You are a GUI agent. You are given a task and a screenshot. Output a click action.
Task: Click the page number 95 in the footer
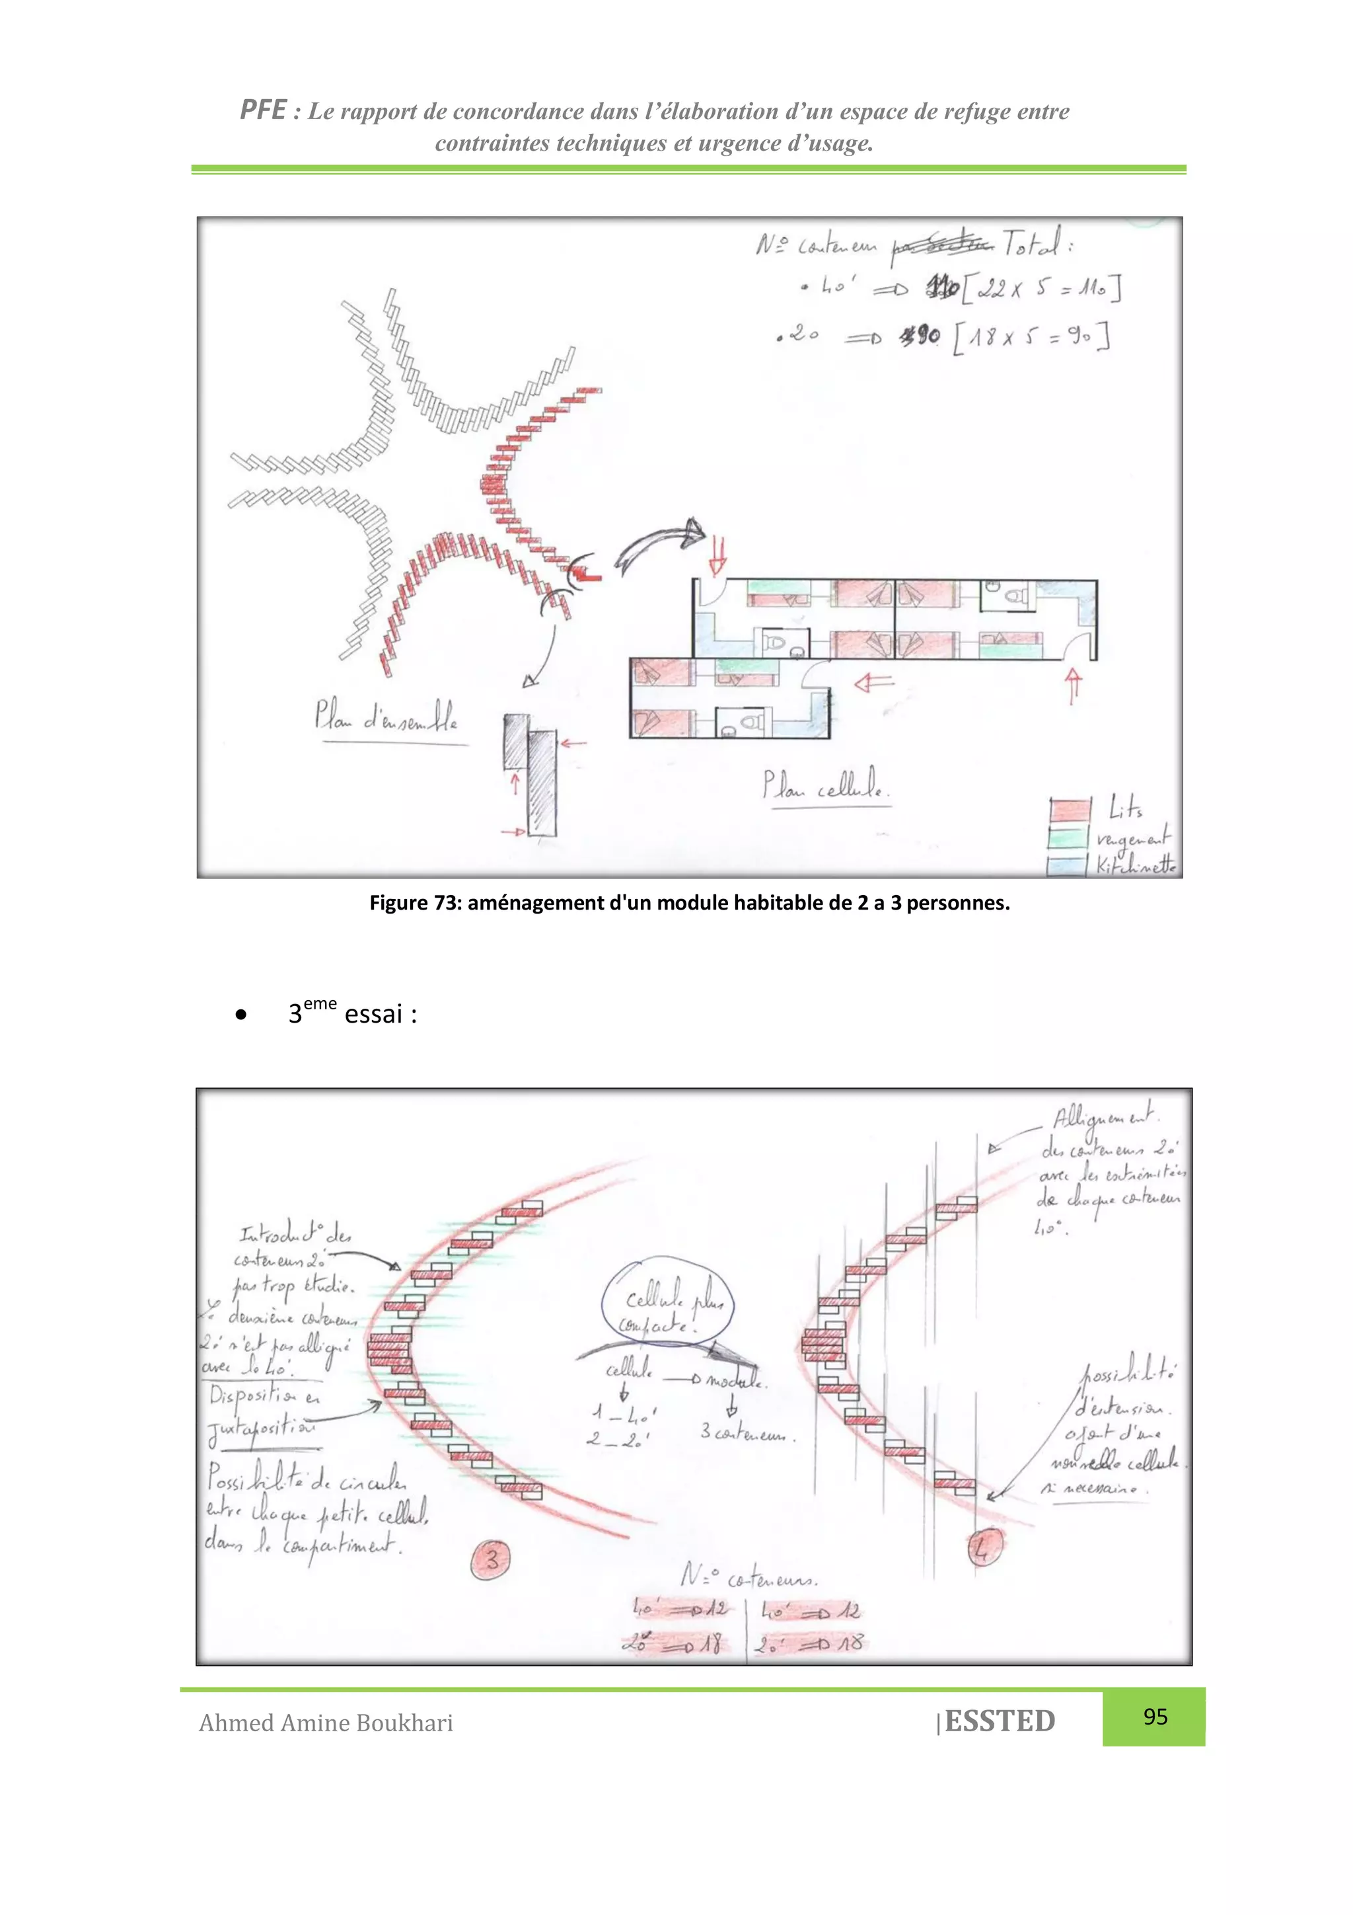click(x=1155, y=1717)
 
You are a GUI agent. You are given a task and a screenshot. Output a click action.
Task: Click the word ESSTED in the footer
click(x=1000, y=1721)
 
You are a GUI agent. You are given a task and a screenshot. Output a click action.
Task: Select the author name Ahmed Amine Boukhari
click(x=326, y=1723)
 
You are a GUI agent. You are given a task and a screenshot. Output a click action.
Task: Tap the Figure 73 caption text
click(x=690, y=902)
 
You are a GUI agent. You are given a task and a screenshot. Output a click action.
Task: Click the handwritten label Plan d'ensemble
click(x=386, y=717)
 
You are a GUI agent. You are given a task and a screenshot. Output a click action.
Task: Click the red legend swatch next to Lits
click(x=1070, y=810)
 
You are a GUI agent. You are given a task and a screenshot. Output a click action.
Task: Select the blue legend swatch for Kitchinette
click(x=1067, y=864)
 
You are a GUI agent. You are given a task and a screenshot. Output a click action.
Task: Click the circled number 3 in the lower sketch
click(x=492, y=1559)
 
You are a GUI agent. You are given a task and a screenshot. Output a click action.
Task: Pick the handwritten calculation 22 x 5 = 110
click(x=1042, y=290)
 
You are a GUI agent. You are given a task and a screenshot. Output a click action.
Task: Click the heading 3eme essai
click(x=353, y=1014)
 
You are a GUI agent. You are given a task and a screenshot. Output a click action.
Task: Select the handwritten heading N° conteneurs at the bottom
click(x=749, y=1577)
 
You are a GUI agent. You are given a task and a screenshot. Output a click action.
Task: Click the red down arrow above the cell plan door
click(x=717, y=555)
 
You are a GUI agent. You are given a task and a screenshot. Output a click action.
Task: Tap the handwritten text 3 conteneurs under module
click(x=748, y=1433)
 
